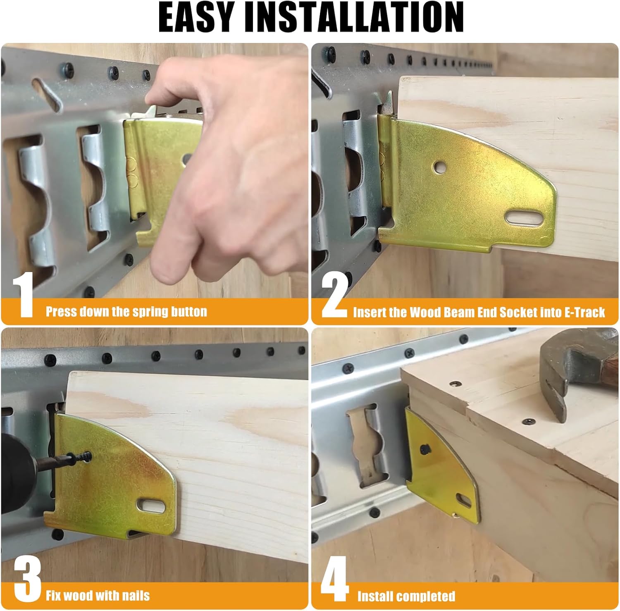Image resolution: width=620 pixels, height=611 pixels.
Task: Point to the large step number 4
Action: coord(334,579)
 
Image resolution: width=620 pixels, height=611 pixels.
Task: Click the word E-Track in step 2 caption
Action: coord(584,313)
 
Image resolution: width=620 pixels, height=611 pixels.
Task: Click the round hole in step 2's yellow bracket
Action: coord(438,167)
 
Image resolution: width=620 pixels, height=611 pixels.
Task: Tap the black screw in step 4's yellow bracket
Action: coord(424,449)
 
